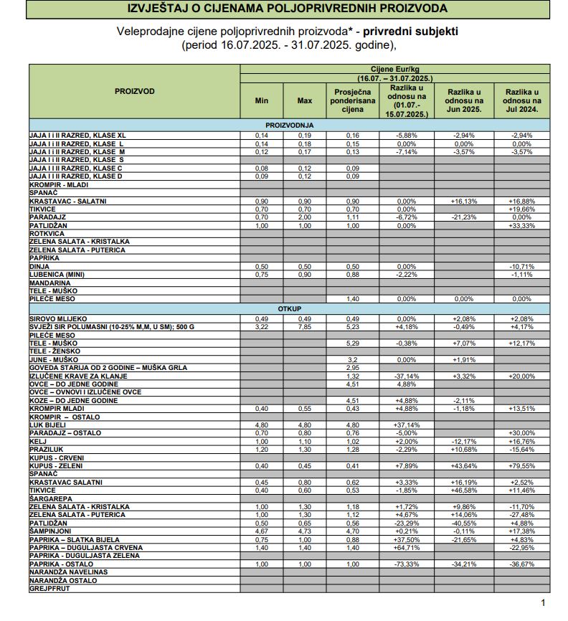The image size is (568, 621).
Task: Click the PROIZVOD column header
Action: (134, 92)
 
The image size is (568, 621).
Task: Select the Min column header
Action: (262, 100)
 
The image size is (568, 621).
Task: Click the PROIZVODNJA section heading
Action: (285, 125)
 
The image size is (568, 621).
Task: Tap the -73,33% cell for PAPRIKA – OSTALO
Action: (406, 564)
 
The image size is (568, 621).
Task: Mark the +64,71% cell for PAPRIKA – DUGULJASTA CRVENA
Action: (406, 547)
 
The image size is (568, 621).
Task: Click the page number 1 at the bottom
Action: (543, 603)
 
